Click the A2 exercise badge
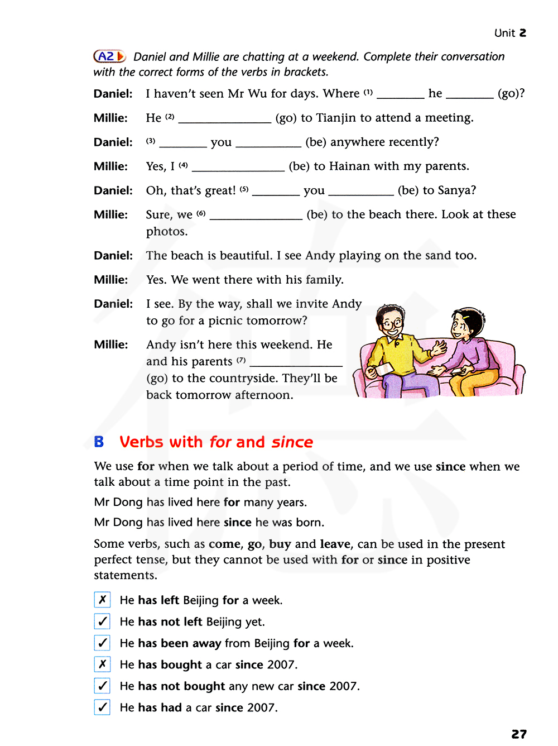click(109, 56)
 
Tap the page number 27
click(518, 734)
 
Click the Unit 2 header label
click(510, 33)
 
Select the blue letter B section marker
click(99, 442)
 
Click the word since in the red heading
click(292, 442)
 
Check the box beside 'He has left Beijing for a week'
click(103, 600)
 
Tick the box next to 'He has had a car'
click(103, 707)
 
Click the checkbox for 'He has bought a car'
click(103, 664)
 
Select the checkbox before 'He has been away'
click(103, 643)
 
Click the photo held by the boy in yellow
click(384, 368)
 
